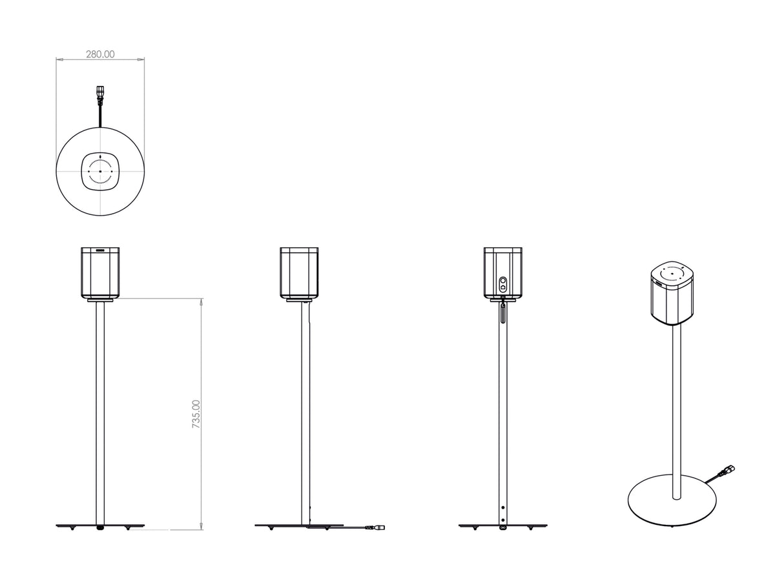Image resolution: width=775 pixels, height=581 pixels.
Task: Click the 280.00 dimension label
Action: point(100,54)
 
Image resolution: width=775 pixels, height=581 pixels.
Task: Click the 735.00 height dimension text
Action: point(196,414)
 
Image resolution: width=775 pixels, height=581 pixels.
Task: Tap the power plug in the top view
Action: point(100,95)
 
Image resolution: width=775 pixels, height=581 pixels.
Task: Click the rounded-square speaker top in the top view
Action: point(100,171)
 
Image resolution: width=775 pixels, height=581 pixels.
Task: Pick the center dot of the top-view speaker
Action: point(100,172)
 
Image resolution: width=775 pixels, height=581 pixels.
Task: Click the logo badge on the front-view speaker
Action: point(100,250)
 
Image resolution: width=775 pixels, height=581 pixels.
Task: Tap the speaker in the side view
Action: point(299,272)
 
